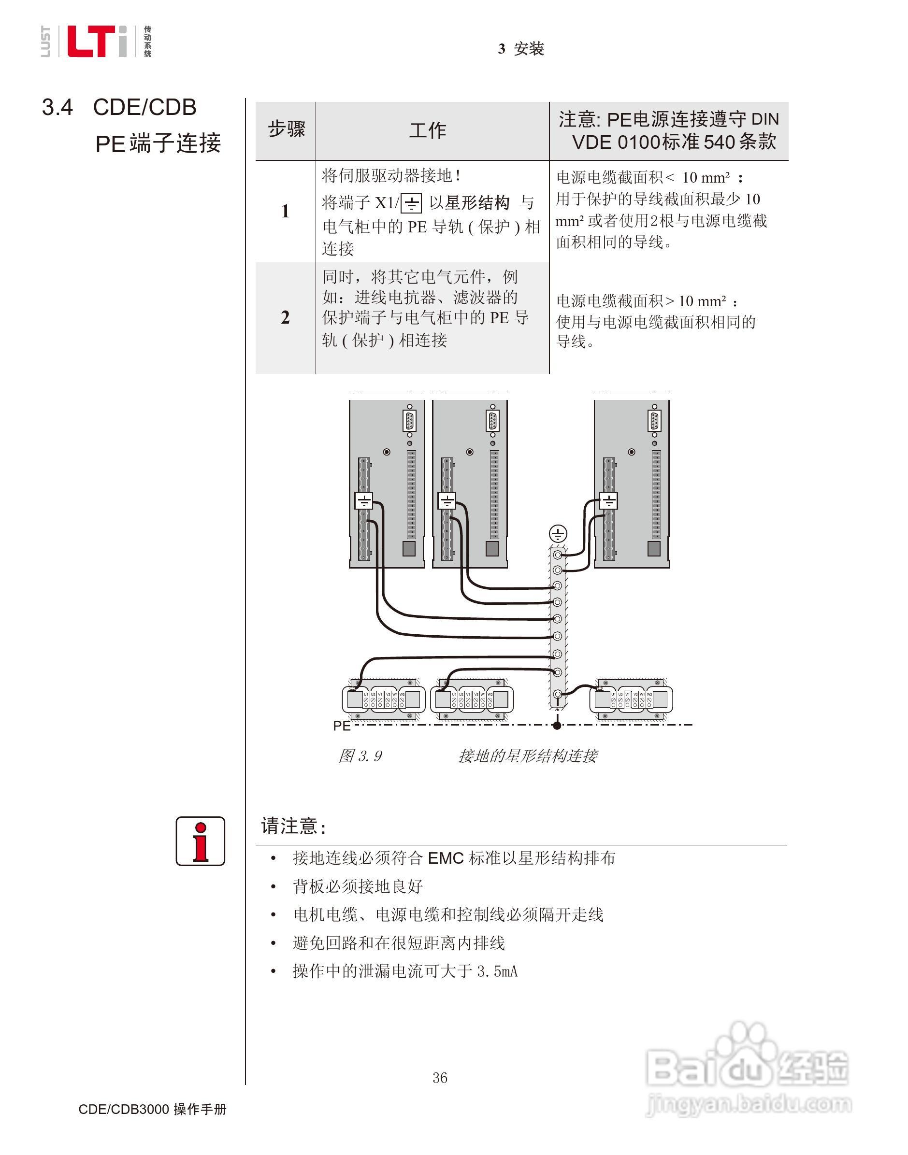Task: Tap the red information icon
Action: coord(201,841)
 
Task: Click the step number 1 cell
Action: coord(286,212)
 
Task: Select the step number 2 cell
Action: coord(286,317)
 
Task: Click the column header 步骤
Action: coord(286,129)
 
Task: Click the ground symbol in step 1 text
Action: coord(411,203)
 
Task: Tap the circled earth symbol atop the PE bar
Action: coord(558,533)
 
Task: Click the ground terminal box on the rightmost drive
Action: coord(608,500)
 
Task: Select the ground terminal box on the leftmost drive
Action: coord(363,500)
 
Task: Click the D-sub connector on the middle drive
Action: coord(492,421)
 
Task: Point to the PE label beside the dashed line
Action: coord(341,726)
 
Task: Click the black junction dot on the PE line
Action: coord(557,725)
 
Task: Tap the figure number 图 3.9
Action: coord(360,756)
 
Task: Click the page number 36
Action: coord(440,1077)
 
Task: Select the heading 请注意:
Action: coord(293,826)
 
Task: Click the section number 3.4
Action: coord(58,108)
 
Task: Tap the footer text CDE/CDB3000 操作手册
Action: coord(153,1109)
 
